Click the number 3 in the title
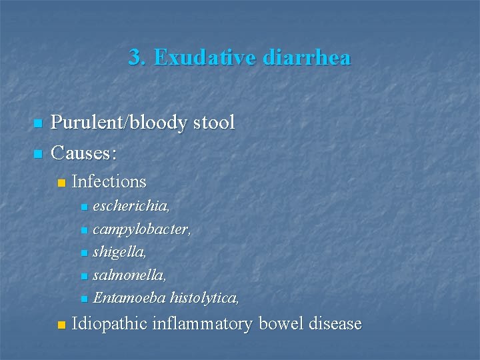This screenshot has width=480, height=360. pyautogui.click(x=135, y=58)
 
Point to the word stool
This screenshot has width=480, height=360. pyautogui.click(x=213, y=123)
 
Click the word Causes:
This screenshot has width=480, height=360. pyautogui.click(x=84, y=154)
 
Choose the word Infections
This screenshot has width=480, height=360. pyautogui.click(x=109, y=181)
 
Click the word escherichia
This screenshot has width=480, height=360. pyautogui.click(x=131, y=207)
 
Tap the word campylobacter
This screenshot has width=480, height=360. pyautogui.click(x=142, y=230)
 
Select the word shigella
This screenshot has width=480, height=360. pyautogui.click(x=120, y=253)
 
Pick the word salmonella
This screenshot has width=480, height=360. pyautogui.click(x=129, y=275)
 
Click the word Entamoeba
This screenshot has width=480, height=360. pyautogui.click(x=130, y=297)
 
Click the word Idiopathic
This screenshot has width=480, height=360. pyautogui.click(x=109, y=325)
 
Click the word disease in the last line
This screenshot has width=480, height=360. pyautogui.click(x=335, y=325)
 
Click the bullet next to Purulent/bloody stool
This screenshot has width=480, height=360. pyautogui.click(x=37, y=123)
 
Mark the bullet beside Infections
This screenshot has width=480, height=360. pyautogui.click(x=61, y=183)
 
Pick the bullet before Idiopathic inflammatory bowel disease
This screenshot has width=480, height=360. pyautogui.click(x=61, y=326)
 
